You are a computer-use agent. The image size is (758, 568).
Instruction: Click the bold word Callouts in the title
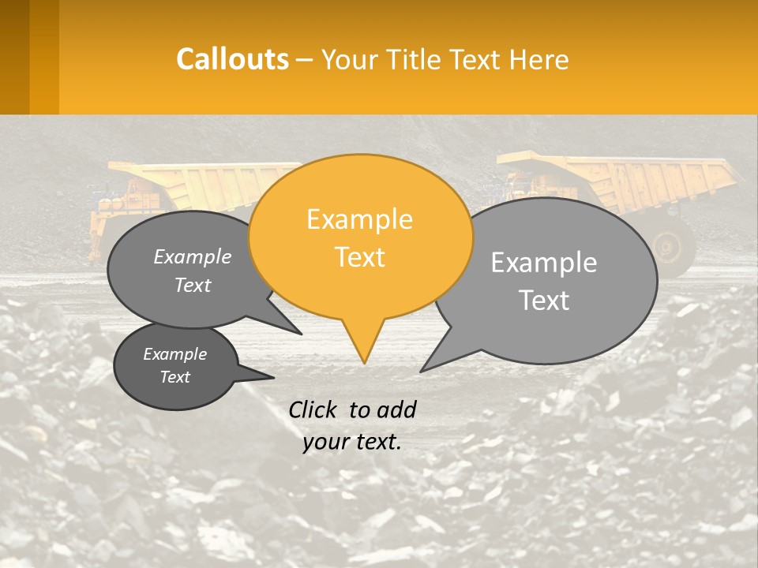[x=232, y=59]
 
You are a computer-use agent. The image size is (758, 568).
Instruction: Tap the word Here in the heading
[x=540, y=60]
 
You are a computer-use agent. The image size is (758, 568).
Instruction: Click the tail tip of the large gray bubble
[x=422, y=370]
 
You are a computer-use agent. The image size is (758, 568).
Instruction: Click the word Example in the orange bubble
[x=359, y=219]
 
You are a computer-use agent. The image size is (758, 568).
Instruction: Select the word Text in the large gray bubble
[x=544, y=301]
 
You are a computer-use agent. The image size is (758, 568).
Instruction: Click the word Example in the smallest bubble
[x=174, y=354]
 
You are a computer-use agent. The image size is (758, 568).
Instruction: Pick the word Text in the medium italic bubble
[x=193, y=286]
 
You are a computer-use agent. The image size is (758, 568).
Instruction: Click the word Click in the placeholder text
[x=313, y=409]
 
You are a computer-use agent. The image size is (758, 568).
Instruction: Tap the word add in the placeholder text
[x=396, y=409]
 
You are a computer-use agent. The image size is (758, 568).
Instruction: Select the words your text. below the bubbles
[x=352, y=442]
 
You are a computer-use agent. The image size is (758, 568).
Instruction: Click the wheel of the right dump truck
[x=669, y=245]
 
